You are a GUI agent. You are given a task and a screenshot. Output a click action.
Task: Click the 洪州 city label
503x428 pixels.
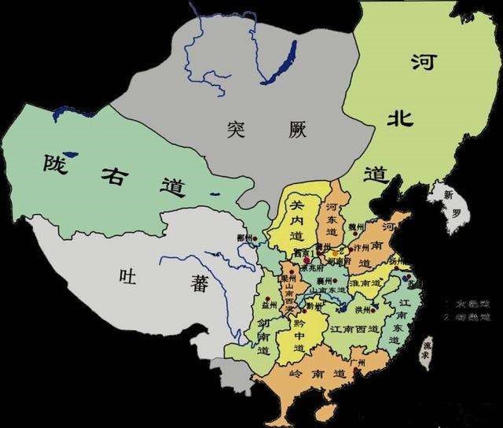(x=363, y=309)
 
